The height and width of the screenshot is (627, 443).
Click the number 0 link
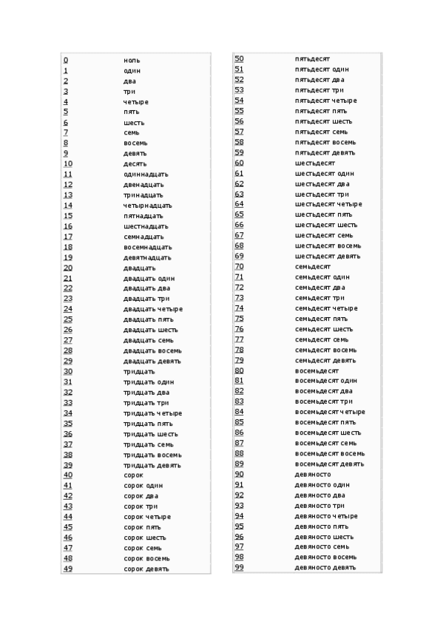[x=65, y=60]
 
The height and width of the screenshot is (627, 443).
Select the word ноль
[x=132, y=60]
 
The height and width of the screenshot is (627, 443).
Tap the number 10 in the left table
[x=68, y=163]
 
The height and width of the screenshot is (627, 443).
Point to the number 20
[x=68, y=268]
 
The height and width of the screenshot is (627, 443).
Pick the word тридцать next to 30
[x=139, y=371]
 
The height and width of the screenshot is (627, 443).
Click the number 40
[x=68, y=475]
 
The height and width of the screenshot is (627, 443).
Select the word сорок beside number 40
[x=133, y=475]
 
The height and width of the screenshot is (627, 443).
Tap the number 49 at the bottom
[x=68, y=569]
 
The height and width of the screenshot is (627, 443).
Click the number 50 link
[x=240, y=58]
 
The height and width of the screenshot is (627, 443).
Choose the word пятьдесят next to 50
[x=312, y=58]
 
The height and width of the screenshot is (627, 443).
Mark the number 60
[x=240, y=162]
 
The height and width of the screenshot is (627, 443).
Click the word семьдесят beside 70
[x=313, y=266]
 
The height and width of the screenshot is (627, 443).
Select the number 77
[x=240, y=339]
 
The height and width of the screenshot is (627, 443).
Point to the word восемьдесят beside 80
[x=317, y=370]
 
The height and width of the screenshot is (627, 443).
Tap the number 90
[x=240, y=474]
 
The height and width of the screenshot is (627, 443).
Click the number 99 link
[x=240, y=567]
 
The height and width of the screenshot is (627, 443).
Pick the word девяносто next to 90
[x=313, y=474]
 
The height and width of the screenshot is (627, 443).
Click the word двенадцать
[x=143, y=184]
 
